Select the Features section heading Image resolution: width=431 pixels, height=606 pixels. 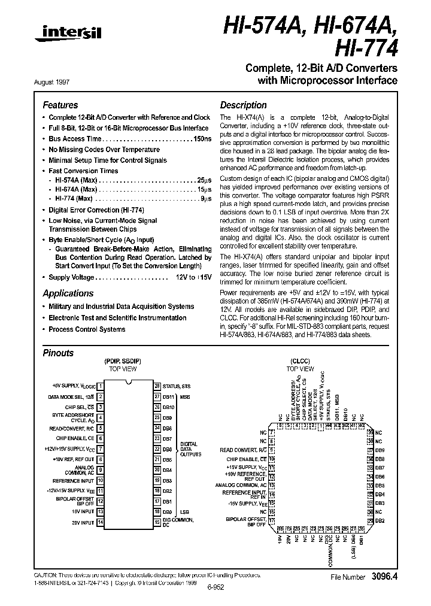60,105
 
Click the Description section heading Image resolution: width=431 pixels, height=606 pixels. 243,105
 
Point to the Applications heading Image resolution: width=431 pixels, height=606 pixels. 68,293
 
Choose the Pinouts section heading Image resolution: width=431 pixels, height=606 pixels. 58,353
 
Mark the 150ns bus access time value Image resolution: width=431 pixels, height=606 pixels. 201,138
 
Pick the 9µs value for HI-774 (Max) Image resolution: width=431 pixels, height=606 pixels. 205,198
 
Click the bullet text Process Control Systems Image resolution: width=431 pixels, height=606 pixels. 87,329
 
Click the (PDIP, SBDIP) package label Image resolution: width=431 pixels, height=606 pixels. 123,362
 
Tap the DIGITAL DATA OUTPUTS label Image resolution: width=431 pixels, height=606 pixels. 189,449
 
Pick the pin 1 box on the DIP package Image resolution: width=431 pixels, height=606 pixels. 101,386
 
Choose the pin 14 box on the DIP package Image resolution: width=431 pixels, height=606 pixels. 101,522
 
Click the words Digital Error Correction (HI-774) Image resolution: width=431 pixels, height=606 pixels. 96,210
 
